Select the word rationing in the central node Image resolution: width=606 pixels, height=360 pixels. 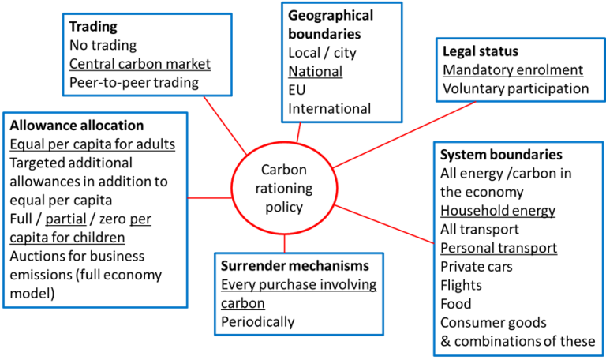coord(284,189)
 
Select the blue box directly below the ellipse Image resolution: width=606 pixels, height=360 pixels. coord(299,294)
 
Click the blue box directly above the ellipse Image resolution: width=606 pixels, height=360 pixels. coord(342,62)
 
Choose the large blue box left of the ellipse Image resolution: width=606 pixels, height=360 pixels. coord(95,210)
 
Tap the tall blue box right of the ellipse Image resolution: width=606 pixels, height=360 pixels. coord(518,249)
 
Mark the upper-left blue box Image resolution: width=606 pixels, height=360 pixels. coord(147,54)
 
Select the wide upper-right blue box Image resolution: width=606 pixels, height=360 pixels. coord(520,69)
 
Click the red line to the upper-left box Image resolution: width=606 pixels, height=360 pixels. coord(225,125)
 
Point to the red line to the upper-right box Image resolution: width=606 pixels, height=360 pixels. coord(404,134)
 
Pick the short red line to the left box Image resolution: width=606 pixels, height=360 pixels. coord(209,199)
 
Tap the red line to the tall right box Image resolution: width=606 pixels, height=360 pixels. coord(385,224)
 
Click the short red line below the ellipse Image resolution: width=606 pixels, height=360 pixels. coord(284,244)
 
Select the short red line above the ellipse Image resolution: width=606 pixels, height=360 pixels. coord(298,132)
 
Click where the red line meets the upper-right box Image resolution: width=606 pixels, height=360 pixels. coord(476,102)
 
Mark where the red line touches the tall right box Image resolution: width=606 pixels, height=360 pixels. coord(434,243)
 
